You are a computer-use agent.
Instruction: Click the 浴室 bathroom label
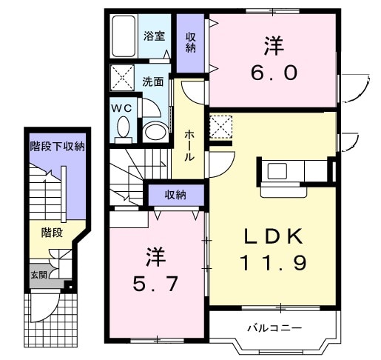point(154,36)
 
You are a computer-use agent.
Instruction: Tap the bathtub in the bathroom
point(124,36)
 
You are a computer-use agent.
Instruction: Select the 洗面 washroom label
point(153,82)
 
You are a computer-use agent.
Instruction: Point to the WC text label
point(122,108)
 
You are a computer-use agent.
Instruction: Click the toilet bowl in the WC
point(124,129)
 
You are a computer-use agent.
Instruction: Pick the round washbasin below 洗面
point(155,132)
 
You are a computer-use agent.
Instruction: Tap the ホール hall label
point(189,146)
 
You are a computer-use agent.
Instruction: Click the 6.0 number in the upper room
point(274,73)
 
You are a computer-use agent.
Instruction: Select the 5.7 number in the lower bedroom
point(155,284)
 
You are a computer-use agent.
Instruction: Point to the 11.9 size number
point(274,262)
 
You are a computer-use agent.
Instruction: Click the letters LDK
point(274,236)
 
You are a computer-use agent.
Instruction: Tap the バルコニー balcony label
point(274,328)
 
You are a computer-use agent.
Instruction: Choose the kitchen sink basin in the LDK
point(277,171)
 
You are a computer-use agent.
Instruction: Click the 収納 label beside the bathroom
point(191,42)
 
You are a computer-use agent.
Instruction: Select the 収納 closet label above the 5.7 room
point(175,195)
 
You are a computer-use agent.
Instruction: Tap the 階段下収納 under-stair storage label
point(58,147)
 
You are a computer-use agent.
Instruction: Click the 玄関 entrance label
point(39,275)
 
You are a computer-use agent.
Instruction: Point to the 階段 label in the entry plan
point(52,233)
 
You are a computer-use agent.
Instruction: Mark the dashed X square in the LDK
point(220,127)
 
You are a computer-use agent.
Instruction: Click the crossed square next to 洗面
point(122,78)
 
